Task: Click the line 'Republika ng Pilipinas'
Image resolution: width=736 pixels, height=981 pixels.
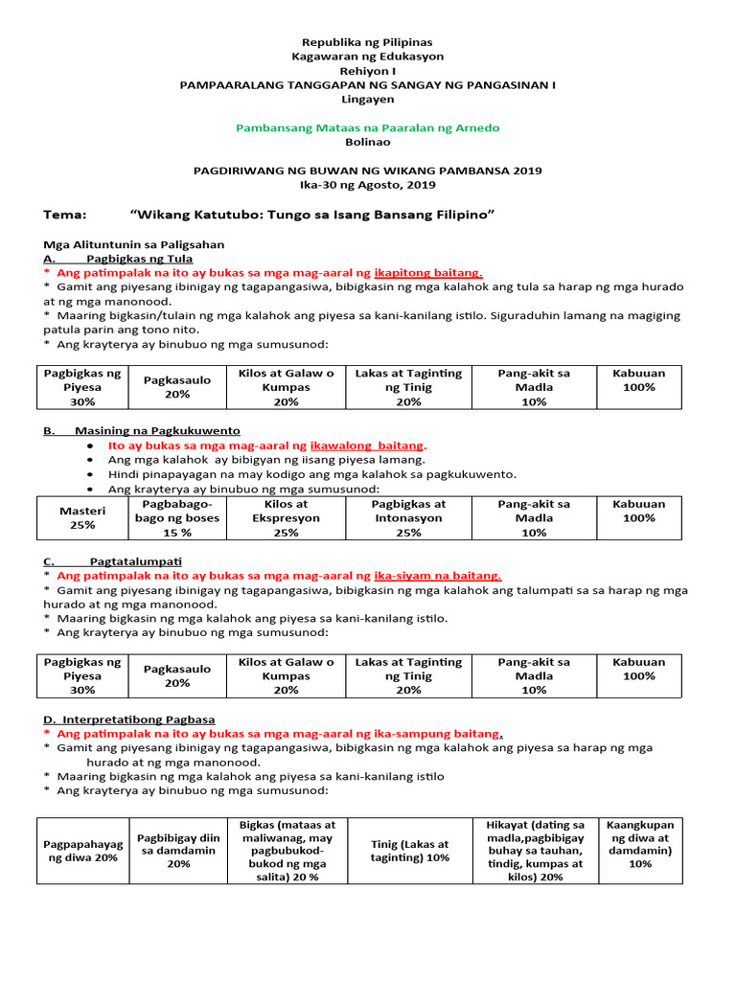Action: pos(367,42)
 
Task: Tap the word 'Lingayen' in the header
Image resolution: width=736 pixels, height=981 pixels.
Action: pos(367,99)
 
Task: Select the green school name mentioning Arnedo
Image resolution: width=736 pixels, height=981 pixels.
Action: pos(367,127)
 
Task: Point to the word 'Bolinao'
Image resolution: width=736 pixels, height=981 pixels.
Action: pos(367,142)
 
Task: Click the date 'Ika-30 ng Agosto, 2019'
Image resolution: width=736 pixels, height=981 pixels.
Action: pos(367,184)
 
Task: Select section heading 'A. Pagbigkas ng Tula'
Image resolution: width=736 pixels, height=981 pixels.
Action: pos(119,259)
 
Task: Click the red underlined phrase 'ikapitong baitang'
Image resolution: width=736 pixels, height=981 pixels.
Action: pos(427,272)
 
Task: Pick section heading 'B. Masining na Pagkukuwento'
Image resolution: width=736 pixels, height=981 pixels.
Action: pos(142,431)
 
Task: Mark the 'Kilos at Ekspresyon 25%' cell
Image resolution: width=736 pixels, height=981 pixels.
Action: pos(286,518)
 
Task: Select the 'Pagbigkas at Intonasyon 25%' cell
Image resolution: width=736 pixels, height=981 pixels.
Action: pos(408,518)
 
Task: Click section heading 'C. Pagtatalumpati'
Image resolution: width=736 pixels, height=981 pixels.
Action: pos(113,560)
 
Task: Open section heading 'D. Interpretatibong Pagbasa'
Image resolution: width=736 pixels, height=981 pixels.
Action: pos(129,719)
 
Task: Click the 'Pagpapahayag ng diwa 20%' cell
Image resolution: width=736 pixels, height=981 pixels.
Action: pos(82,851)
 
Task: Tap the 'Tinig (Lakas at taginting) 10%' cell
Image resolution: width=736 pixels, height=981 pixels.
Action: pos(409,851)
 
